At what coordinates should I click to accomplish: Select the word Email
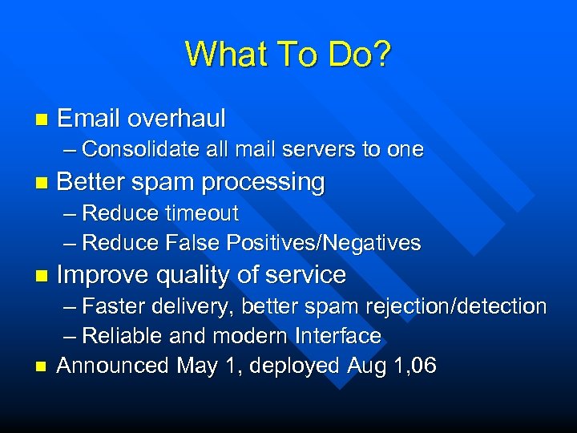89,119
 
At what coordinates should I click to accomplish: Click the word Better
91,182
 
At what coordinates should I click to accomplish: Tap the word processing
263,183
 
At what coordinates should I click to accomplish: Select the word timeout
201,213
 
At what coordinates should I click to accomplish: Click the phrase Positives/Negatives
324,242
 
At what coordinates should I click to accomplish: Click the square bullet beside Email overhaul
41,120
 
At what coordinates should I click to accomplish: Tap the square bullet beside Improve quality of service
41,276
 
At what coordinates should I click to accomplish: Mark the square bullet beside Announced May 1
41,366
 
